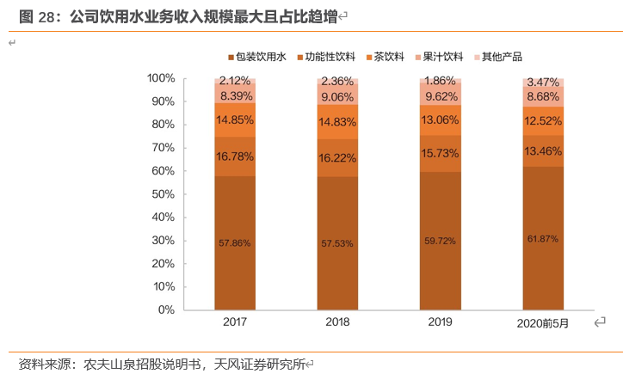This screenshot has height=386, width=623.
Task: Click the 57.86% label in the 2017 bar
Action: [x=235, y=243]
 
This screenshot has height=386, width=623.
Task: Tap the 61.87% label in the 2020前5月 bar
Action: [x=543, y=239]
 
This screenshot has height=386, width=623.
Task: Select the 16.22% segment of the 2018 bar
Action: [x=337, y=158]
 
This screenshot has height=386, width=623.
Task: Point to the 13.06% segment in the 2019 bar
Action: [x=440, y=119]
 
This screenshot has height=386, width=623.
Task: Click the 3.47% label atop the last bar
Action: [x=543, y=81]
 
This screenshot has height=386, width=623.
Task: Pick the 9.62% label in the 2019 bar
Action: [x=440, y=96]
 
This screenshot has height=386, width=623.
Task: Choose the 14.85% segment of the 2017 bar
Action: [x=235, y=120]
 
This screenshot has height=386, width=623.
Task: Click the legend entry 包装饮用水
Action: [x=262, y=57]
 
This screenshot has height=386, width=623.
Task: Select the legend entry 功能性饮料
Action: [x=330, y=57]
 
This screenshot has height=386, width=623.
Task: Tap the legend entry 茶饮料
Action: [x=389, y=57]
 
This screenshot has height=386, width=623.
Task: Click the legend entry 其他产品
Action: [x=502, y=57]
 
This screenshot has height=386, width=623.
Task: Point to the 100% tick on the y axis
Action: [x=161, y=78]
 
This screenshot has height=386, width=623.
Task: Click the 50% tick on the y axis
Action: [x=163, y=194]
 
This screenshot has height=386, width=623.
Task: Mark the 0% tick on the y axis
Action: [x=167, y=309]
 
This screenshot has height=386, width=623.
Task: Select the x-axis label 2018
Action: [x=337, y=322]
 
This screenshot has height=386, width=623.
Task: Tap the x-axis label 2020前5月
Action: [x=543, y=323]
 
